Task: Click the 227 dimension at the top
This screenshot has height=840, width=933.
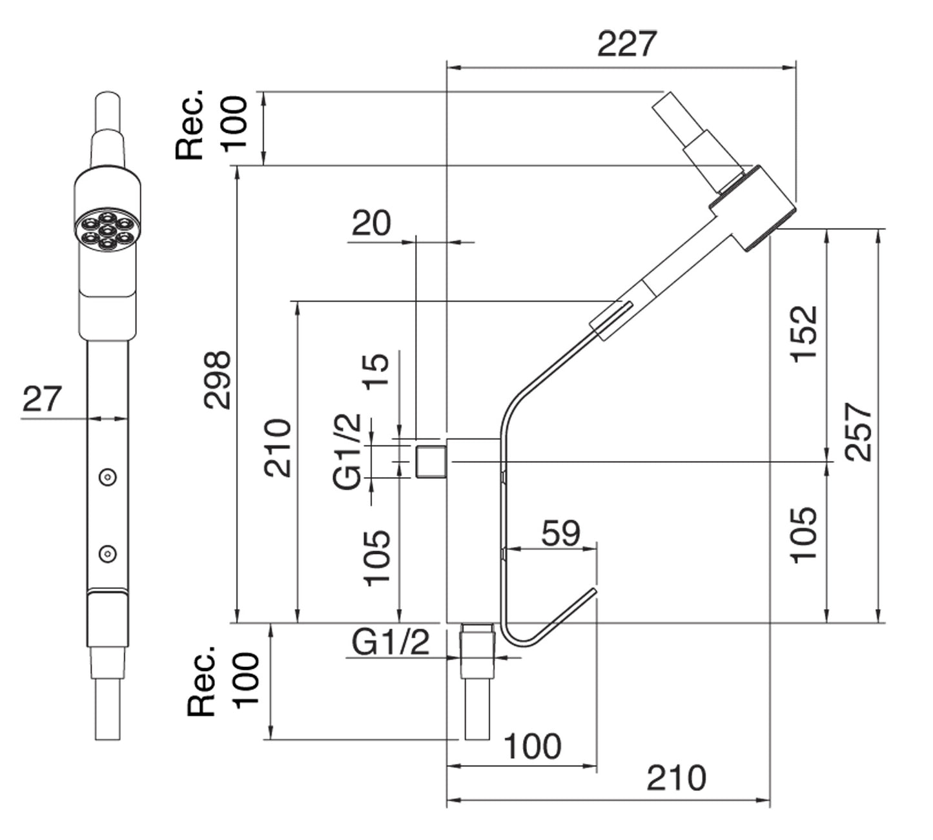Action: click(626, 44)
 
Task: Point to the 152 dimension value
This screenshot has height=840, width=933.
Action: click(804, 334)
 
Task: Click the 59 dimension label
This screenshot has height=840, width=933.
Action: click(560, 533)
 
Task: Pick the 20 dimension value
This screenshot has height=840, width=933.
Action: click(371, 223)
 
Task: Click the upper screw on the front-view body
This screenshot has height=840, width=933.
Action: click(107, 477)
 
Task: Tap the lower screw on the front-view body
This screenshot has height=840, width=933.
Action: click(107, 553)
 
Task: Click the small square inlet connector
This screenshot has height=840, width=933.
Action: click(431, 461)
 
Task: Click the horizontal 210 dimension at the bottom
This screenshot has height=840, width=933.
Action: click(676, 778)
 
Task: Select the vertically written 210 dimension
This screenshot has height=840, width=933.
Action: click(278, 447)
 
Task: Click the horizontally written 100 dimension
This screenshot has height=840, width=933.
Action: click(532, 747)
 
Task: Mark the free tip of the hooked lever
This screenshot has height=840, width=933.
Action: click(593, 591)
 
